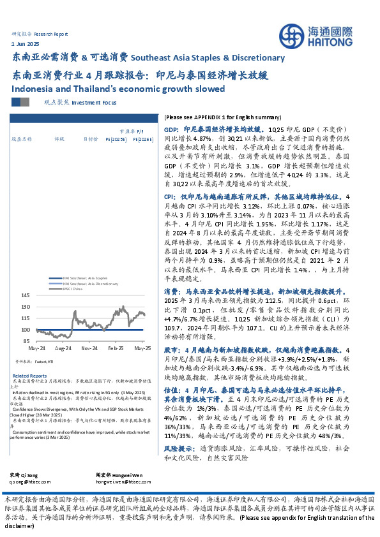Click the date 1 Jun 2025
pyautogui.click(x=26, y=43)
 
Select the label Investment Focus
pyautogui.click(x=95, y=101)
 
